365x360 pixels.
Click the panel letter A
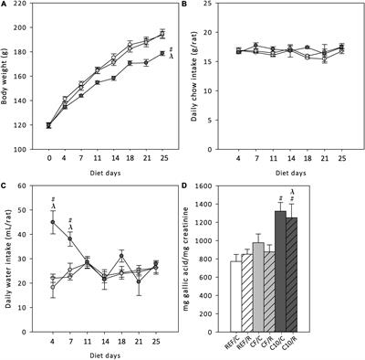[x=5, y=6]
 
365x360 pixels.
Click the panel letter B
[x=187, y=6]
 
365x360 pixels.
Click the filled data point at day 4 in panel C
[x=53, y=222]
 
